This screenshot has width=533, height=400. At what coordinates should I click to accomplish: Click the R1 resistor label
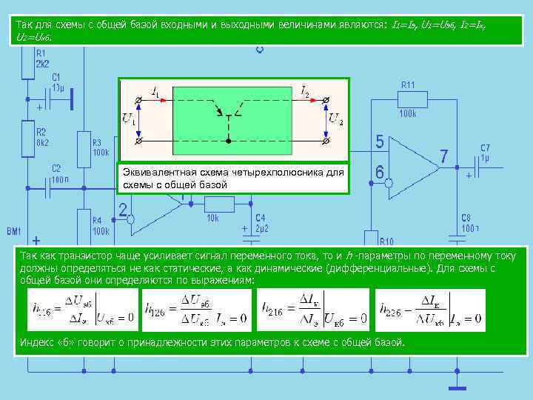click(41, 53)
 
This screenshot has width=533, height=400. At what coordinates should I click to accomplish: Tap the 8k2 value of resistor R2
click(42, 141)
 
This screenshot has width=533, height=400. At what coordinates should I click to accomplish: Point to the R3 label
click(96, 144)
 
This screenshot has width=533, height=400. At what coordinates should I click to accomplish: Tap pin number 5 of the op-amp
click(379, 141)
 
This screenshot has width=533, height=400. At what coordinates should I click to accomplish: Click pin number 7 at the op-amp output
click(443, 157)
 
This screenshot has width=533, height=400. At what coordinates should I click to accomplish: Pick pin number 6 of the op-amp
click(379, 172)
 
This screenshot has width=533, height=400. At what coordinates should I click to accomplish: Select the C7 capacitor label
click(486, 148)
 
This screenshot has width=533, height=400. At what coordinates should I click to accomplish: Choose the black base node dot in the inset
click(229, 140)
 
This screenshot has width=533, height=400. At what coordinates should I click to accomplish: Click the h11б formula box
click(82, 310)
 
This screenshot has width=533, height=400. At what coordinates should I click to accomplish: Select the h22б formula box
click(430, 310)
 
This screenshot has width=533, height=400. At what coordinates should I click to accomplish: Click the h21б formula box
click(312, 310)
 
